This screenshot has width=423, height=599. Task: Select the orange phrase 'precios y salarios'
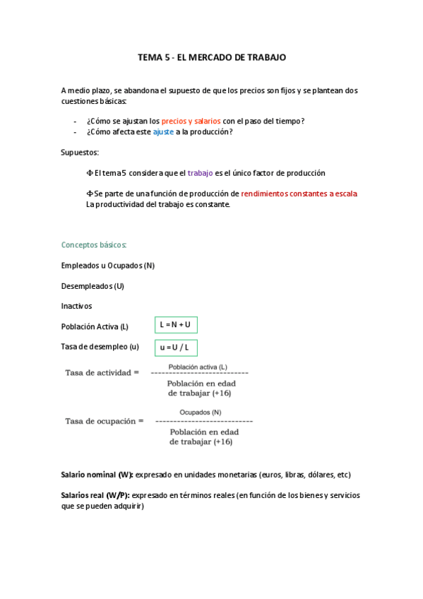(x=191, y=121)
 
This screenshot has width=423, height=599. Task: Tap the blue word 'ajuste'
(x=163, y=132)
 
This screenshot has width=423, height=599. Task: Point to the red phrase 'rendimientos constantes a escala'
(x=299, y=194)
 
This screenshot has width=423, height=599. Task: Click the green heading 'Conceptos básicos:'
(x=94, y=245)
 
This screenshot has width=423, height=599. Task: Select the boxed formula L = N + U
(x=175, y=324)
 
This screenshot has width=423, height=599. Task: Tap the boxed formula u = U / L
(x=175, y=348)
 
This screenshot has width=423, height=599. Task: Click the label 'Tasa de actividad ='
(x=102, y=372)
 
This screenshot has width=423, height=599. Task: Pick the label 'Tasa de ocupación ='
(x=104, y=420)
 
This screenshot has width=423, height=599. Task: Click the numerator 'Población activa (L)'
(x=198, y=367)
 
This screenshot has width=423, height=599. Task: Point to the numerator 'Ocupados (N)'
(x=200, y=412)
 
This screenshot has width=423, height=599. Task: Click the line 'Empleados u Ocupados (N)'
(x=107, y=266)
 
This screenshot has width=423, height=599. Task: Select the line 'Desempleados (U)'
(x=93, y=286)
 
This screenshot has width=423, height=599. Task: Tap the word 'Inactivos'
(x=76, y=306)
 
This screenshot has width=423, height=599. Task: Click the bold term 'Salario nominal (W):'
(x=97, y=475)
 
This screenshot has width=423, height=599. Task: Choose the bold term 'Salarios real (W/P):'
(x=95, y=495)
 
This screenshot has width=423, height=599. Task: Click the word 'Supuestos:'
(x=80, y=153)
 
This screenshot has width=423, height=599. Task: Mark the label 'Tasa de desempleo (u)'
(x=100, y=347)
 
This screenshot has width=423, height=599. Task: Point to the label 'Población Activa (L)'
(x=95, y=326)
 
